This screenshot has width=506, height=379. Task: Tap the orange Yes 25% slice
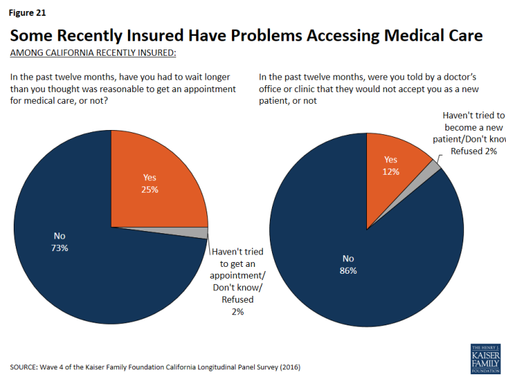tap(155, 179)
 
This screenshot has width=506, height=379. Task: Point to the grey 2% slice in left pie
tap(200, 232)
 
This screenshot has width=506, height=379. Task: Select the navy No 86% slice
tap(358, 275)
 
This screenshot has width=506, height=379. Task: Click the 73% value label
tap(59, 248)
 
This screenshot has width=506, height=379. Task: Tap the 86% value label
tap(349, 270)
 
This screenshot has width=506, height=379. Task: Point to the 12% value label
tap(392, 171)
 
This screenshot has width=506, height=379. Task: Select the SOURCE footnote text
tap(154, 367)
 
